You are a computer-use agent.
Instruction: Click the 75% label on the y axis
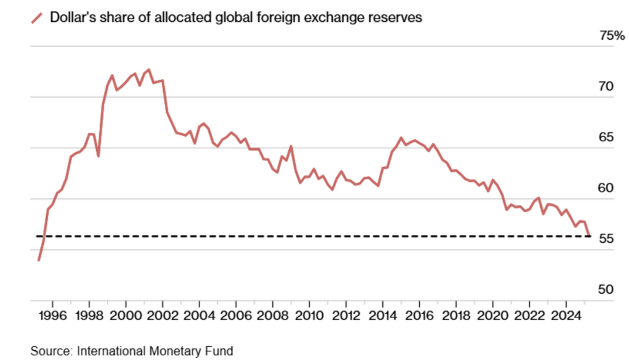pos(612,36)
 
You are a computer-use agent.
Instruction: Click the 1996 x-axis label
pos(52,318)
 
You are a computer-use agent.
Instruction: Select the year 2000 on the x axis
pos(126,318)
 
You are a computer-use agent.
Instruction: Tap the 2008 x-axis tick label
pos(273,318)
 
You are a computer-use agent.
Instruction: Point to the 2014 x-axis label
pos(383,318)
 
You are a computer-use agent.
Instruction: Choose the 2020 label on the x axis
pos(493,318)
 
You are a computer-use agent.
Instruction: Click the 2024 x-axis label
pos(566,318)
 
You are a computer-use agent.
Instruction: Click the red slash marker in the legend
pos(37,18)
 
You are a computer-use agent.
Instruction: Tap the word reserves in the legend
pos(398,18)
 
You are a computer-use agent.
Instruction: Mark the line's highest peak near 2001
pos(149,70)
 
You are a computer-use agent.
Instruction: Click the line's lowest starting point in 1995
pos(38,260)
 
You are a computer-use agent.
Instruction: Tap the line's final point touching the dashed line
pos(589,235)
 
